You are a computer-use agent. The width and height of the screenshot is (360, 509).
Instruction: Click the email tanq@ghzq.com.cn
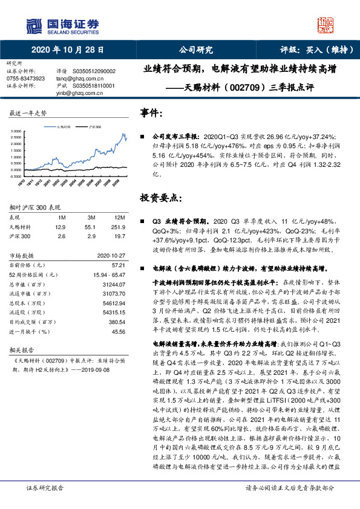pyautogui.click(x=76, y=79)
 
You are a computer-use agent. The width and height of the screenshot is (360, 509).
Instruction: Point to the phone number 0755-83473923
pyautogui.click(x=25, y=79)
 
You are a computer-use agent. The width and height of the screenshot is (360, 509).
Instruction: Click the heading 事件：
pyautogui.click(x=151, y=113)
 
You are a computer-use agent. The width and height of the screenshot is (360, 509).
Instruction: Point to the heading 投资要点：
pyautogui.click(x=159, y=198)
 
